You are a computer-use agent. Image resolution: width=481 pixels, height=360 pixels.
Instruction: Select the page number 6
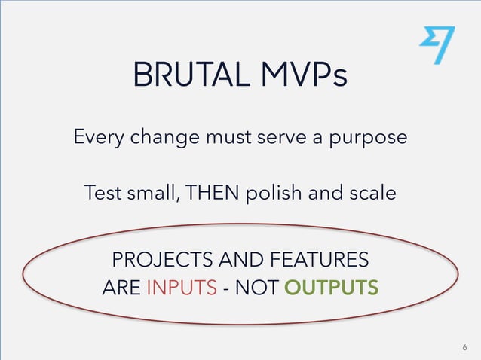[x=464, y=347]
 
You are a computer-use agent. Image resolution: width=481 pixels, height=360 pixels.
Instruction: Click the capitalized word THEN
[x=219, y=192]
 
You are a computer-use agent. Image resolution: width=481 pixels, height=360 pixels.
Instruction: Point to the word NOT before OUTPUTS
[x=262, y=288]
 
